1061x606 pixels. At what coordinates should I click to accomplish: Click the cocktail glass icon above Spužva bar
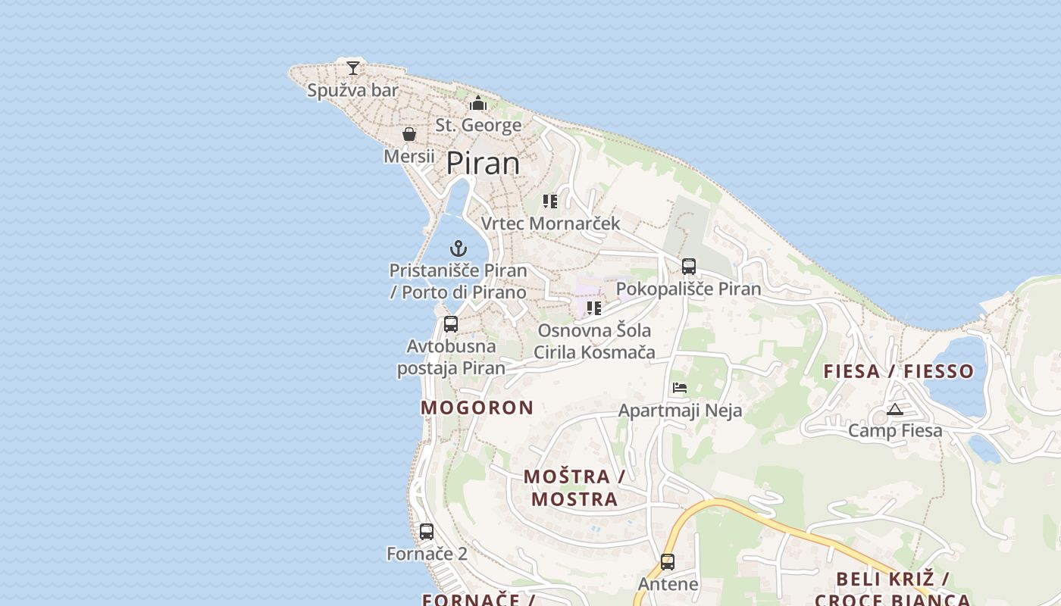coord(352,67)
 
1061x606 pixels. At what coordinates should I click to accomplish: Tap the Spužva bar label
coord(352,91)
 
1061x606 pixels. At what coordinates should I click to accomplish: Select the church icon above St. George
coord(478,103)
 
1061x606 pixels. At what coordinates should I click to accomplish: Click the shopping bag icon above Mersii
coord(409,134)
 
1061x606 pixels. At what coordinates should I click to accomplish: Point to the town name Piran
coord(483,164)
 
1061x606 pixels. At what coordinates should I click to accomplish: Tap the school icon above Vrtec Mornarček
coord(550,201)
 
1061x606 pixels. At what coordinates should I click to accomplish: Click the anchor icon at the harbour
coord(458,248)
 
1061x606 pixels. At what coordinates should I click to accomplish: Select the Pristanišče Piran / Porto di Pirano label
coord(458,281)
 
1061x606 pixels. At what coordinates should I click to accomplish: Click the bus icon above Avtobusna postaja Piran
coord(451,324)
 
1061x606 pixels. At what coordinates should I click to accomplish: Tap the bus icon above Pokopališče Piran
coord(688,267)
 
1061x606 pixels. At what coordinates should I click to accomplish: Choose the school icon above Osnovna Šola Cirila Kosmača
coord(594,308)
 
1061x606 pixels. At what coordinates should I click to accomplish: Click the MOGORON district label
coord(477,408)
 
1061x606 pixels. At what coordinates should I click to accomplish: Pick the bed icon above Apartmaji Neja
coord(680,388)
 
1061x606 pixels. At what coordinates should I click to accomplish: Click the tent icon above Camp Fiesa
coord(895,410)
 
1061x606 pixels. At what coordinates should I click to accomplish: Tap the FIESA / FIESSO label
coord(898,371)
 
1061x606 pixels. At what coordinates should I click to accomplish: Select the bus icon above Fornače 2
coord(427,532)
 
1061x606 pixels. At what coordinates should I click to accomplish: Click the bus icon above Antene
coord(668,562)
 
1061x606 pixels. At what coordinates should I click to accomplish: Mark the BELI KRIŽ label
coord(892,579)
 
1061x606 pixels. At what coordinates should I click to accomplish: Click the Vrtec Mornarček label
coord(550,223)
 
